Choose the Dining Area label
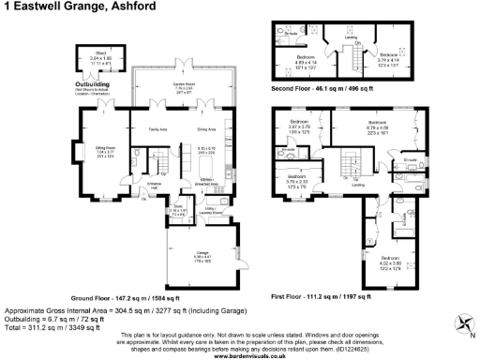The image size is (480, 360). click(206, 128)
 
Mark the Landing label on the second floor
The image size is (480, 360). click(345, 37)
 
